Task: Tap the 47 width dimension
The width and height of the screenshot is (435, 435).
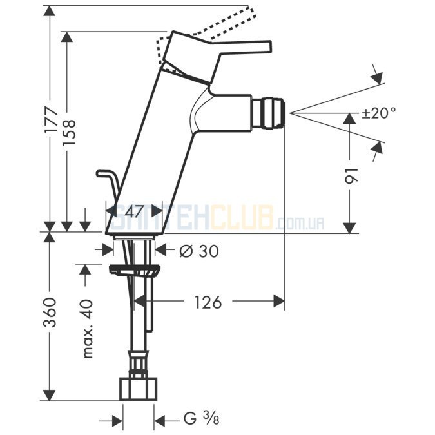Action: (x=134, y=211)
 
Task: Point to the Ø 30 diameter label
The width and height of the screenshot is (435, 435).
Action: (x=197, y=251)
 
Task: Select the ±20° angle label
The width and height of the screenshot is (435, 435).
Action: (x=378, y=113)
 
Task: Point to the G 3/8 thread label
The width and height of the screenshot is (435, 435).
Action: (x=200, y=419)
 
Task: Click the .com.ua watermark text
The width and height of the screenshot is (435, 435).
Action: (x=300, y=224)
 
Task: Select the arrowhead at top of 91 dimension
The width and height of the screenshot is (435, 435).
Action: (x=350, y=117)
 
